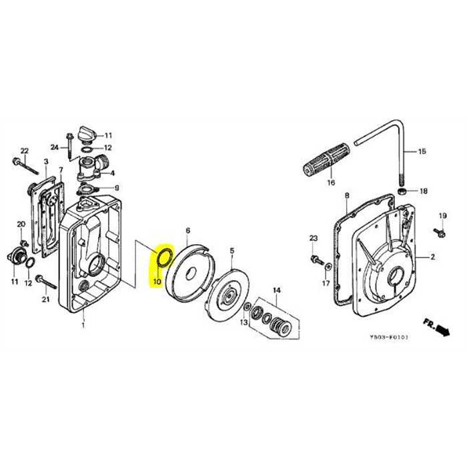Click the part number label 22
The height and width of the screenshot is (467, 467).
(x=25, y=150)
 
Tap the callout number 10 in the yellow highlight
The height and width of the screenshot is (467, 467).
(x=157, y=282)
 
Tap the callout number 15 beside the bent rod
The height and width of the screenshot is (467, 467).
(x=421, y=151)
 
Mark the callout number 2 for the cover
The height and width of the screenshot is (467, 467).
(x=432, y=256)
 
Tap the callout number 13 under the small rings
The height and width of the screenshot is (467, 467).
(x=244, y=323)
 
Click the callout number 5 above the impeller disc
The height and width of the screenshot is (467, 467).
(x=231, y=251)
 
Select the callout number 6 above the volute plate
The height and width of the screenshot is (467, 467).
(x=187, y=231)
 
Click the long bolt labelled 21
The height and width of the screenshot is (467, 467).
(x=44, y=280)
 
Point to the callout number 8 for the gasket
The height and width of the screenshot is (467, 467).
(x=347, y=195)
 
